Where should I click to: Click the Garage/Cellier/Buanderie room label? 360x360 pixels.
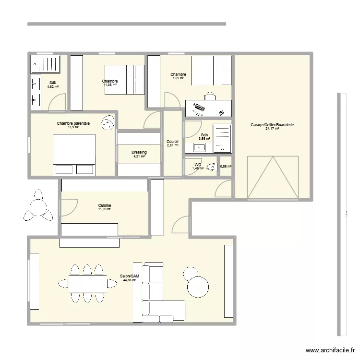[x=272, y=125]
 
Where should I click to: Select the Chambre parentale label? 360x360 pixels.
[x=73, y=123]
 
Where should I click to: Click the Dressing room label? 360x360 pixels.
[x=139, y=152]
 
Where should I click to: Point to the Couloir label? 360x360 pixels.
[x=173, y=142]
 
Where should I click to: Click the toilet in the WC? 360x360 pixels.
[x=211, y=167]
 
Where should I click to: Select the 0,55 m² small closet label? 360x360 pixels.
[x=226, y=167]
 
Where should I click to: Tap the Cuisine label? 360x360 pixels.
[x=104, y=205]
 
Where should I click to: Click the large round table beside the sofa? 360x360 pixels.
[x=198, y=288]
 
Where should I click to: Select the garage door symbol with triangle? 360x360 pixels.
[x=272, y=177]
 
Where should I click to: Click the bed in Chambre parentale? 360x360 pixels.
[x=74, y=155]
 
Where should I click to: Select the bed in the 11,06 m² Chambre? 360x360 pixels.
[x=124, y=79]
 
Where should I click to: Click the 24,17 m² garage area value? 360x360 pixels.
[x=272, y=129]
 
